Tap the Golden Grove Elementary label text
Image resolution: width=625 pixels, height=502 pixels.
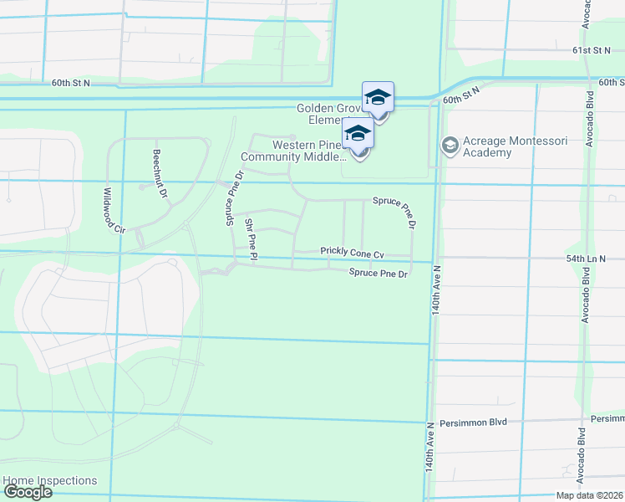[329, 114]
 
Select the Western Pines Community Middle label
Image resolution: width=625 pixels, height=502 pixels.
[293, 151]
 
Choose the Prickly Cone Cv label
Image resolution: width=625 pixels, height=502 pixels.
[352, 253]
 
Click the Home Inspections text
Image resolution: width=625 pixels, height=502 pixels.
[50, 480]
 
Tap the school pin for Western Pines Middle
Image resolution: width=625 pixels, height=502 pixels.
[358, 135]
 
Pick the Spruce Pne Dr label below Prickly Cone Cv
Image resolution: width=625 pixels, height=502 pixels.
[379, 273]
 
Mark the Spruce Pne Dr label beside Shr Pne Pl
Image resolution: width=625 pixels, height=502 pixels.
[233, 197]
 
